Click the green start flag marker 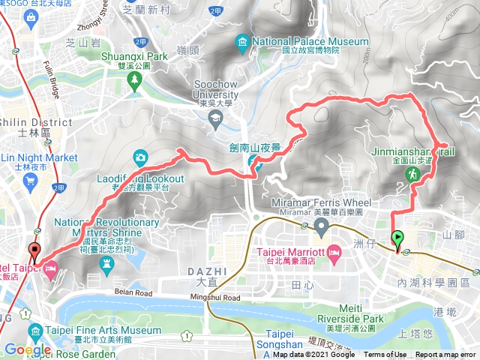click(x=397, y=239)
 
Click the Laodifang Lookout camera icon click(x=140, y=157)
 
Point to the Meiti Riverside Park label click(x=349, y=318)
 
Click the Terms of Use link click(x=385, y=355)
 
